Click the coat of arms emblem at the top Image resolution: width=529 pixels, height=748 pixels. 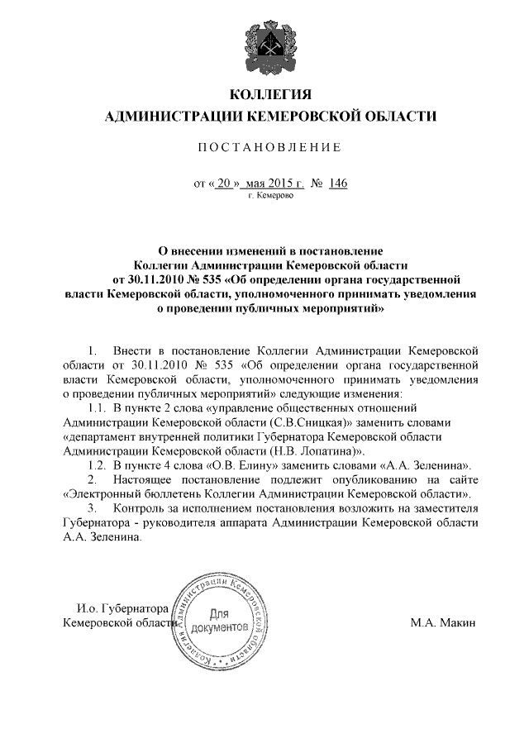coord(269,42)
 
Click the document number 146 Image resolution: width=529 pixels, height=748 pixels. coord(337,183)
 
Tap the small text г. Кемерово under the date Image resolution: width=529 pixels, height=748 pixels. coord(269,197)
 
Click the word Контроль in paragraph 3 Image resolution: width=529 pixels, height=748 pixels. coord(143,508)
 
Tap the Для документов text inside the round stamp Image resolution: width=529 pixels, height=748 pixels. coord(219,622)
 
